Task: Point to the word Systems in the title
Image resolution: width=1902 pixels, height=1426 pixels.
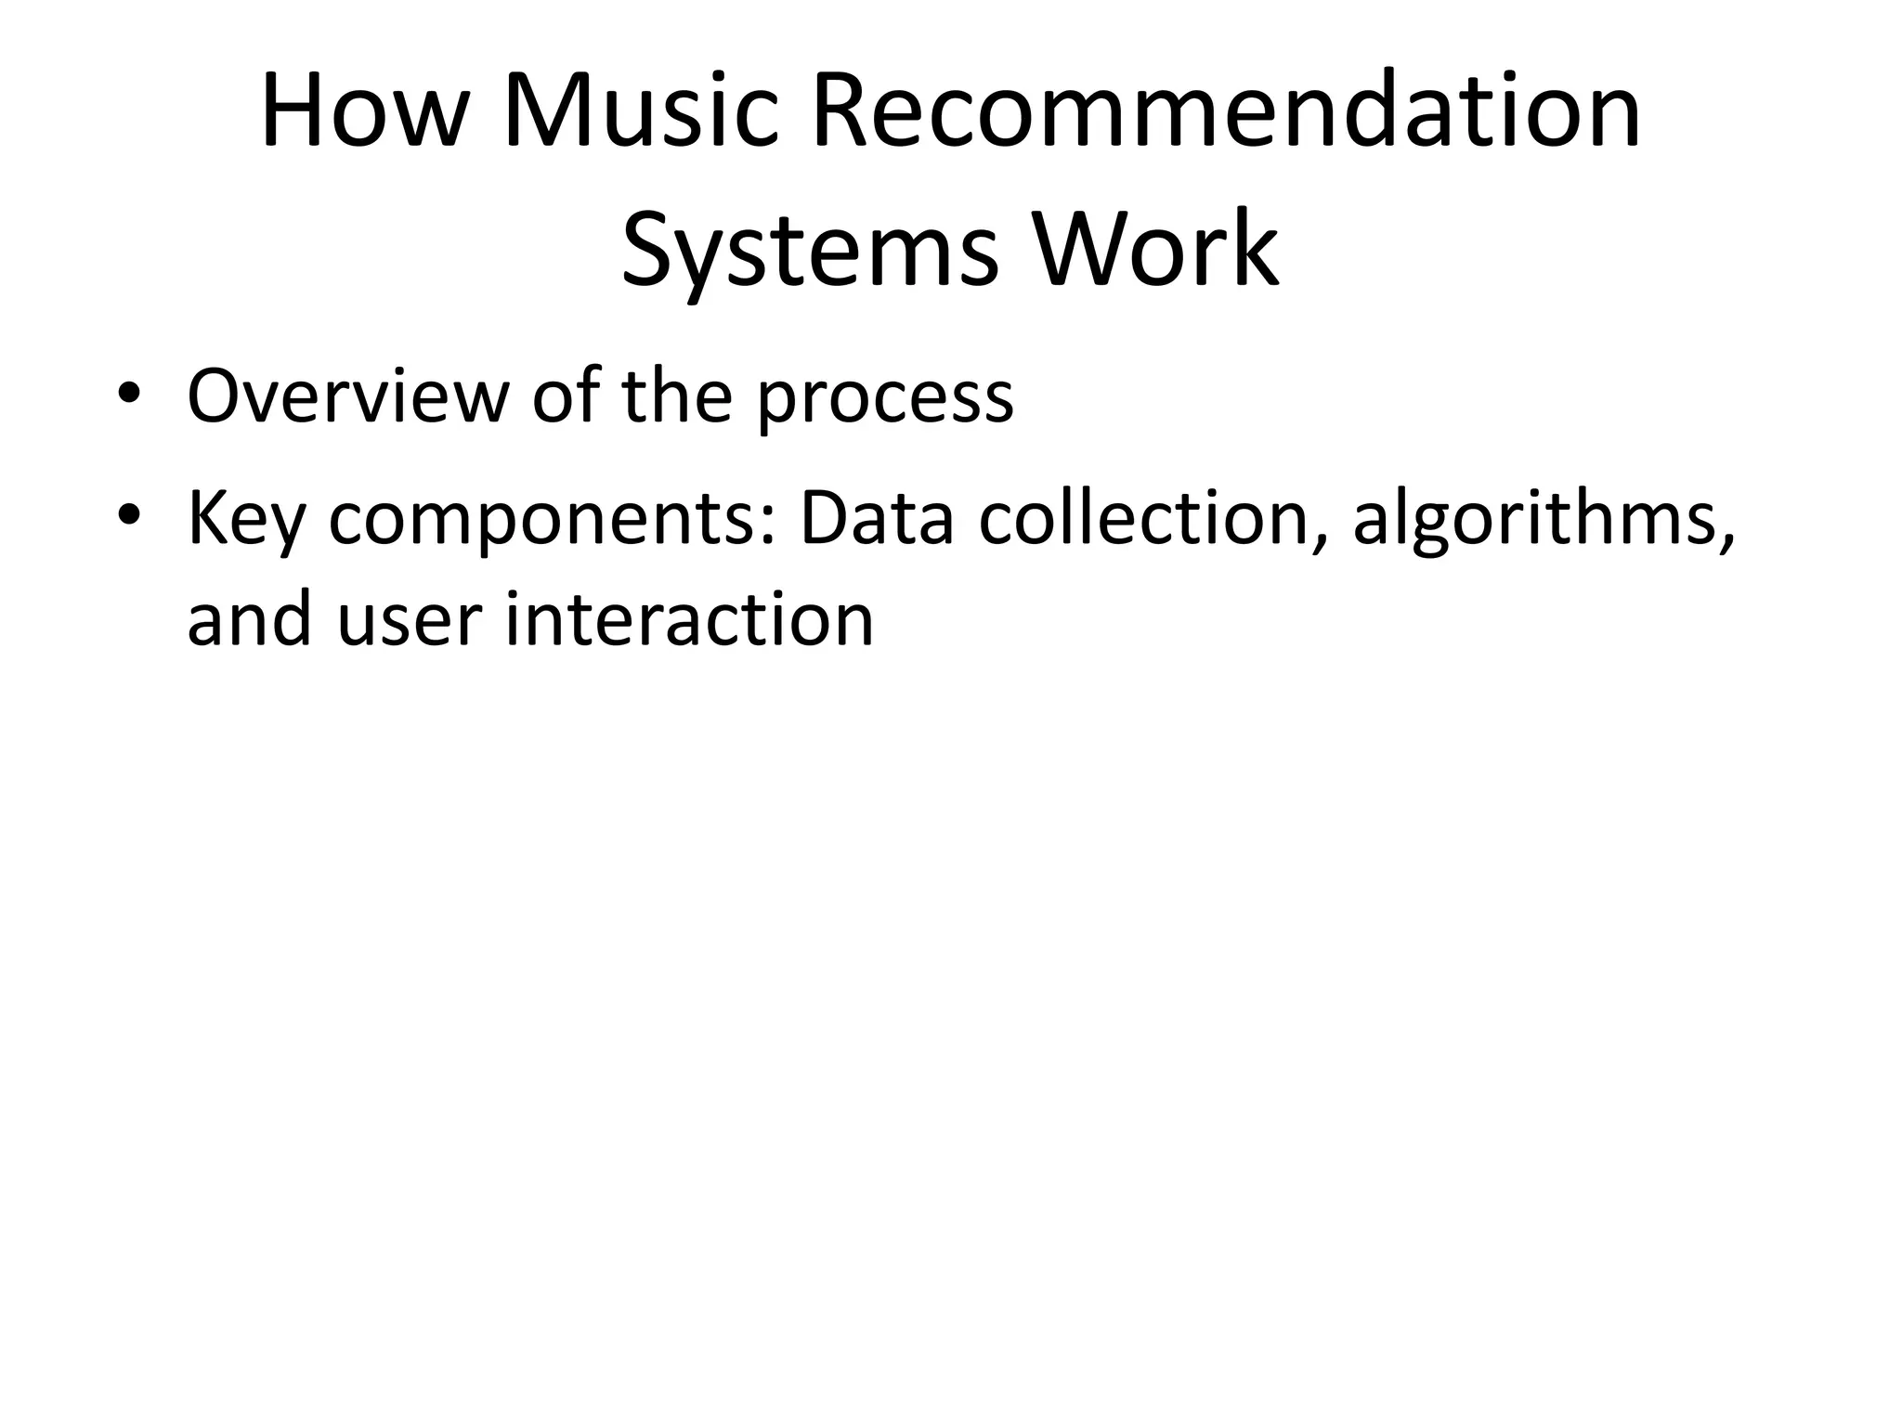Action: coord(808,249)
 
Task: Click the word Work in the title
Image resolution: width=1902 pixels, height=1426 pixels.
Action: coord(1155,249)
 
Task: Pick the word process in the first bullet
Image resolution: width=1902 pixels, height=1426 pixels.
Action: coord(884,397)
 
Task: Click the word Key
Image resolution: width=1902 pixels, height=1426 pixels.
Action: coord(246,520)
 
